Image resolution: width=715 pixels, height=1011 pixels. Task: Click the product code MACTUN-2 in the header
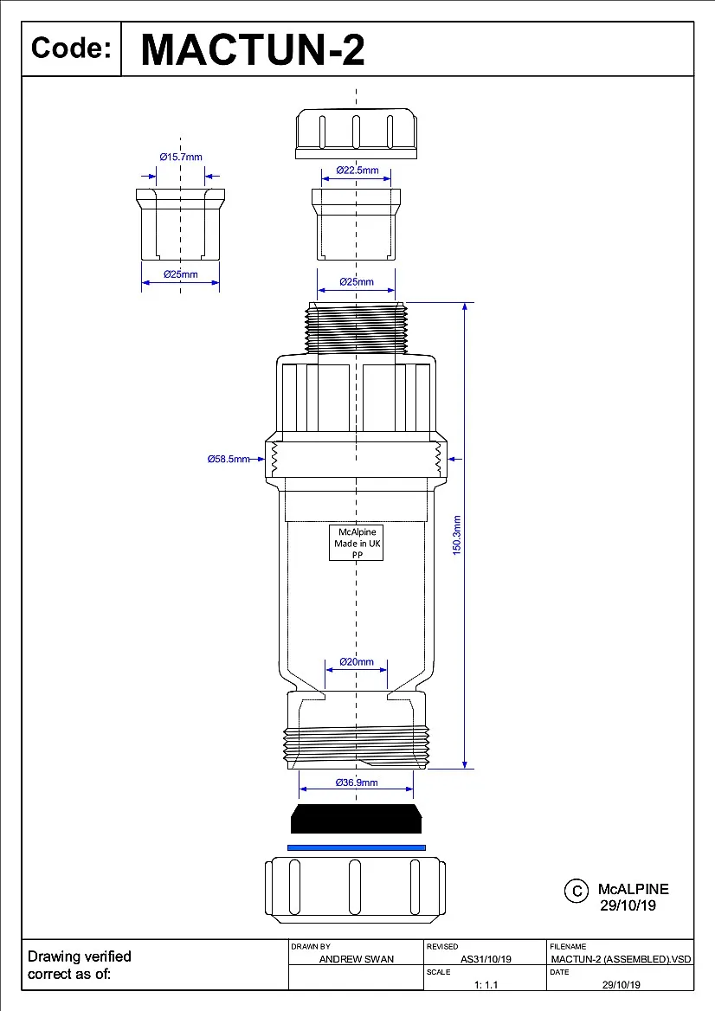coord(252,49)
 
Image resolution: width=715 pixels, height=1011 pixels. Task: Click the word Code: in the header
coord(71,48)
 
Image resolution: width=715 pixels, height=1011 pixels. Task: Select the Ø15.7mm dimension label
coord(180,157)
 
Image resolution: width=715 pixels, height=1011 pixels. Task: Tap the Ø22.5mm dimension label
coord(357,170)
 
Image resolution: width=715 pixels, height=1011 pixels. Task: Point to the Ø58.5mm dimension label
coord(228,459)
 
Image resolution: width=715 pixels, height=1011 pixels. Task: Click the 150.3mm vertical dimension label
coord(457,535)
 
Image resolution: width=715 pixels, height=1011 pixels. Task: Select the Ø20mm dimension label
coord(356,662)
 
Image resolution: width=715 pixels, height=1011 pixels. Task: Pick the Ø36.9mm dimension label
coord(356,782)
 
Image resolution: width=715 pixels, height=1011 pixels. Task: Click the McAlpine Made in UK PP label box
coord(357,543)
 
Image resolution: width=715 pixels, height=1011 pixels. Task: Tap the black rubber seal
coord(356,818)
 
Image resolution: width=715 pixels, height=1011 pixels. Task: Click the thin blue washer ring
coord(356,847)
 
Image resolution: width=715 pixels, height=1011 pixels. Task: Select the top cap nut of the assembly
coord(356,134)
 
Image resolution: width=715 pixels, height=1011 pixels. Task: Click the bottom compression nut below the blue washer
coord(356,889)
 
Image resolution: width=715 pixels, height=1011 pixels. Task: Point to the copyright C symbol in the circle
coord(576,891)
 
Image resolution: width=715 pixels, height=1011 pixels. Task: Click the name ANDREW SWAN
coord(356,959)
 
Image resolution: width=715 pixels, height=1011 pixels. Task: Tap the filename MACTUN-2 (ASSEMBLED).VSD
coord(621,959)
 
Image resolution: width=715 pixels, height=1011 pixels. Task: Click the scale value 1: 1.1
coord(486,984)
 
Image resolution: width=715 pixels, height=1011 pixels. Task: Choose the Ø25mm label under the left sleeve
coord(180,274)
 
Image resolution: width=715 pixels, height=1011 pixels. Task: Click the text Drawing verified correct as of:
coord(80,965)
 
